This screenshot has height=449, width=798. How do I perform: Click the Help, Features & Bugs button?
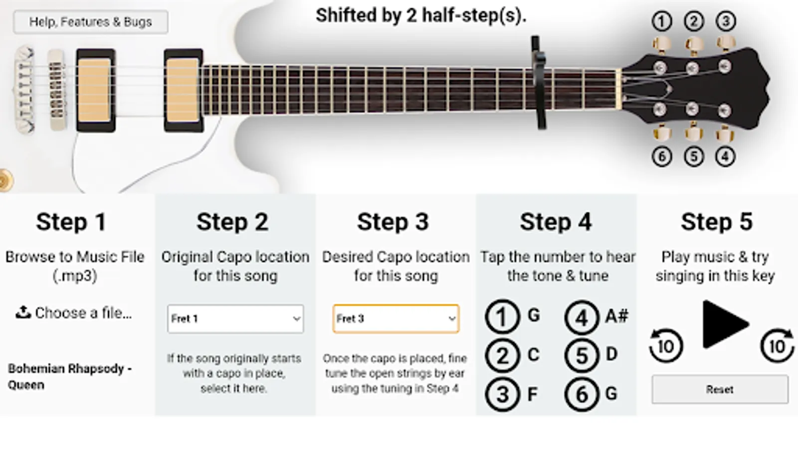(91, 22)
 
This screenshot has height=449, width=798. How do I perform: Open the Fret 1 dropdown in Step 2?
(235, 319)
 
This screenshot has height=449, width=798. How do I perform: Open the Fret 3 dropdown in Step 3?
(396, 319)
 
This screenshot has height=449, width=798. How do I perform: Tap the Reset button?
(720, 390)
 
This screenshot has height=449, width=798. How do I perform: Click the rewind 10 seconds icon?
(665, 346)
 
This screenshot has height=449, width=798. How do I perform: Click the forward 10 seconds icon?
(778, 346)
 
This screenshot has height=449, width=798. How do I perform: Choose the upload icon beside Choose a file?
(23, 312)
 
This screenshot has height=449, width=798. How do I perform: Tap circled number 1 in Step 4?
(502, 316)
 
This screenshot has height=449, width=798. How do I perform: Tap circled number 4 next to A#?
(582, 317)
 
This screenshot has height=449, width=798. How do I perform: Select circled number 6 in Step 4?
(582, 395)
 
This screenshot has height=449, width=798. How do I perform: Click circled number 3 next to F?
(502, 395)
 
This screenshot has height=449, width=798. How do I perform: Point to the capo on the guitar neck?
(539, 82)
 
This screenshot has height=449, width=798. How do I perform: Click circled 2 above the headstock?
(694, 21)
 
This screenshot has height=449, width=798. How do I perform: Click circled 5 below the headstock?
(694, 157)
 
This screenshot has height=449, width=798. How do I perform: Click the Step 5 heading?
(717, 222)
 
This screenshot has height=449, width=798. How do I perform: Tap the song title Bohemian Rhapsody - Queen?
(70, 377)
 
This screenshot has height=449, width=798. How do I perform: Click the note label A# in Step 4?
(616, 316)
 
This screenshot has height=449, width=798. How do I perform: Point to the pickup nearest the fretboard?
(183, 90)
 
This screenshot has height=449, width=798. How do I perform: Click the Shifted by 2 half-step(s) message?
(421, 16)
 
